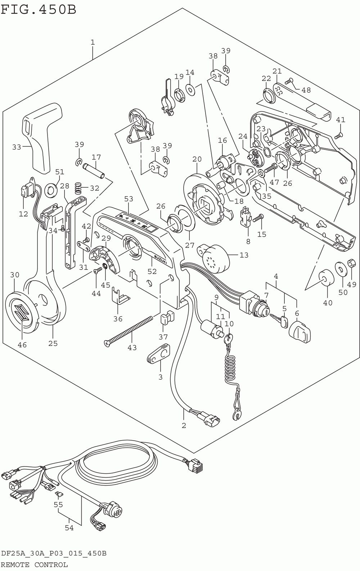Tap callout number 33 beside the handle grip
(x=17, y=147)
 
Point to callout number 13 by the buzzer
(x=244, y=255)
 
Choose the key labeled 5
(x=280, y=320)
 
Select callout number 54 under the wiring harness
(x=69, y=528)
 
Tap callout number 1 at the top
(x=93, y=42)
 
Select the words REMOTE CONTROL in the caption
(x=35, y=565)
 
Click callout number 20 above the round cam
(x=197, y=159)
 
